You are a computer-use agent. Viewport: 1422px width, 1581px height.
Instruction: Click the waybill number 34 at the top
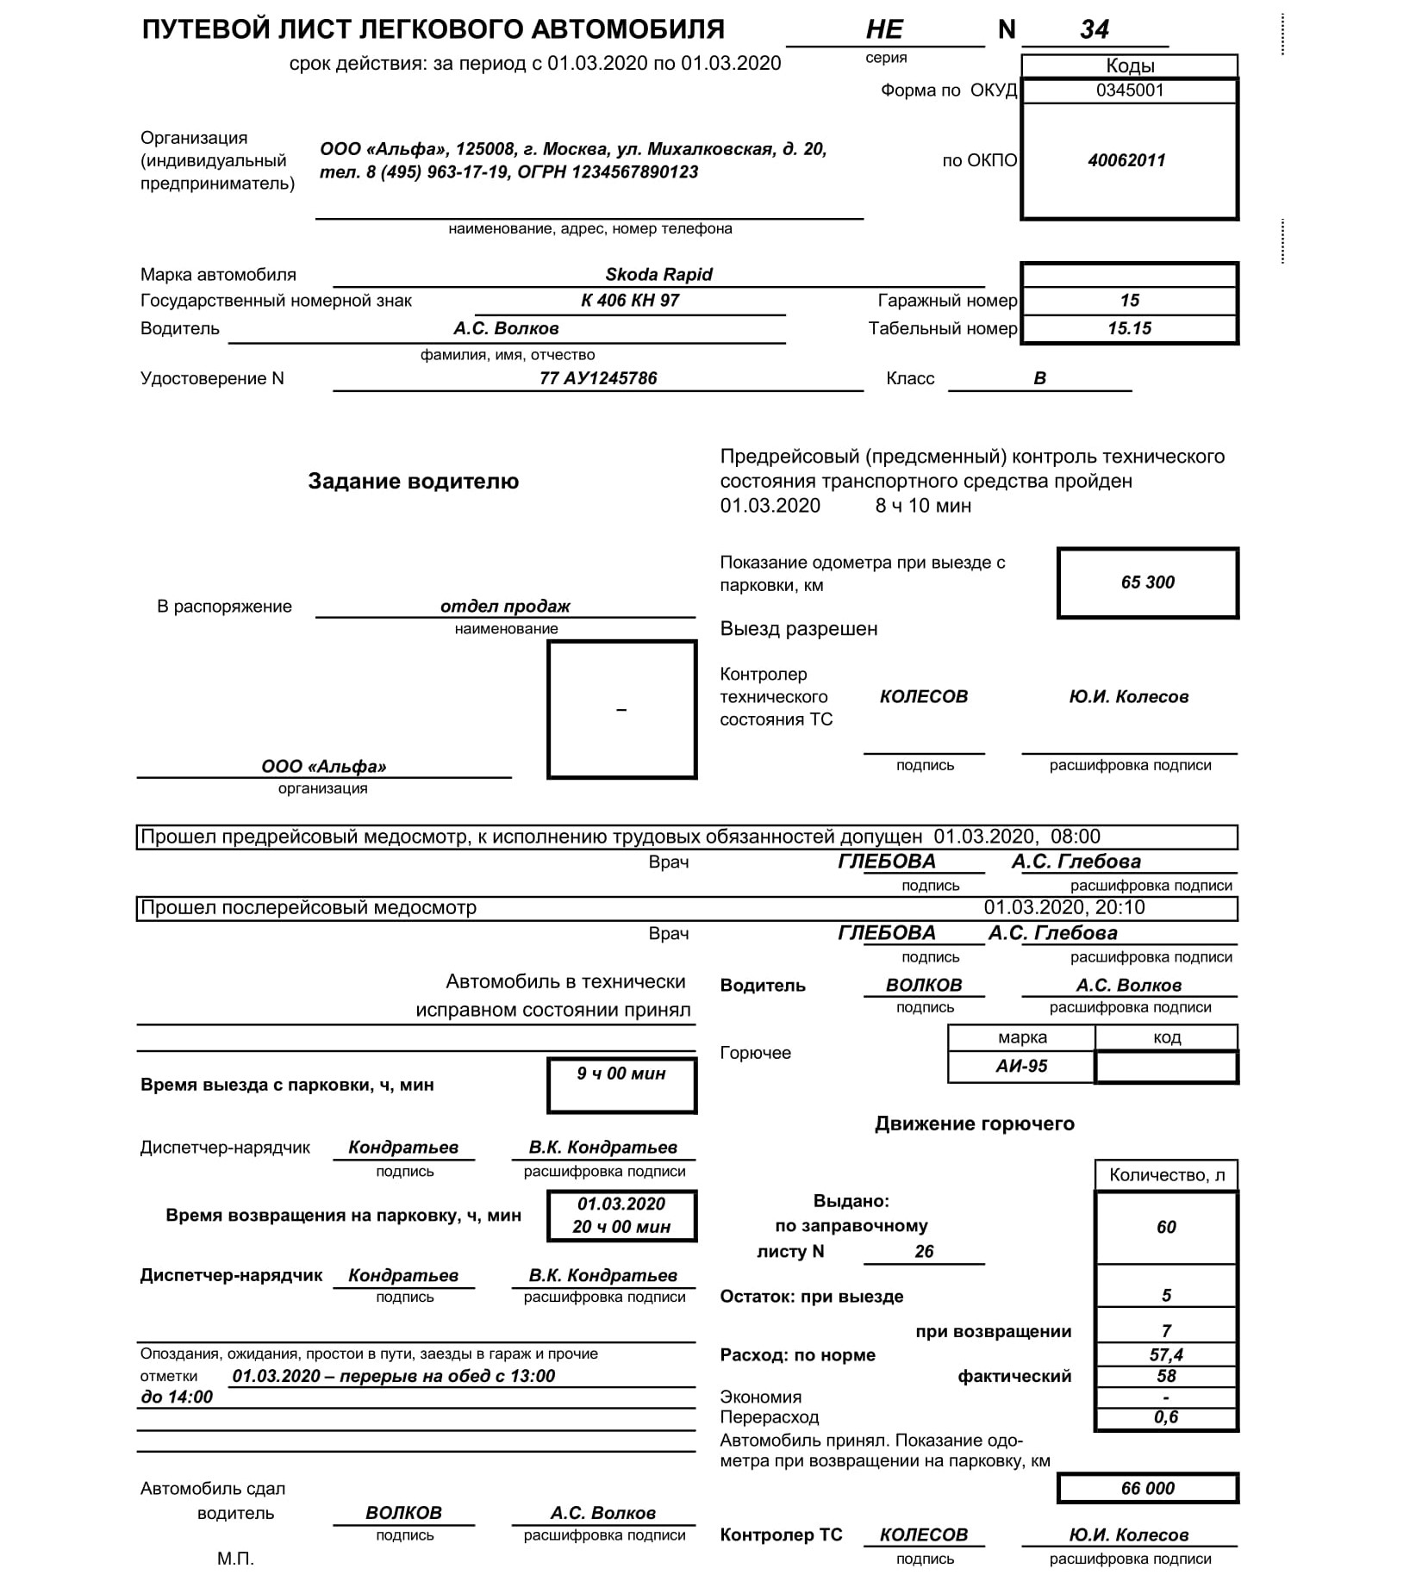pyautogui.click(x=1094, y=30)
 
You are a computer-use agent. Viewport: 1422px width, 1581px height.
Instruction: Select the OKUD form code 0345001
pyautogui.click(x=1129, y=90)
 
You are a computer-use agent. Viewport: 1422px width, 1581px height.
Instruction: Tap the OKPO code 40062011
pyautogui.click(x=1126, y=161)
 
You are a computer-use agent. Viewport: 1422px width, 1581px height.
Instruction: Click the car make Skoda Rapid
pyautogui.click(x=658, y=275)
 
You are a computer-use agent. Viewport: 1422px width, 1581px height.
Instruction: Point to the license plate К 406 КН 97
pyautogui.click(x=630, y=301)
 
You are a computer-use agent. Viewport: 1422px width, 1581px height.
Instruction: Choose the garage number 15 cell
pyautogui.click(x=1129, y=301)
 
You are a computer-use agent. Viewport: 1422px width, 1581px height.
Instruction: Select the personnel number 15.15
pyautogui.click(x=1129, y=328)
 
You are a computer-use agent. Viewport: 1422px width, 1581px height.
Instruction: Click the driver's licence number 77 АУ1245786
pyautogui.click(x=598, y=378)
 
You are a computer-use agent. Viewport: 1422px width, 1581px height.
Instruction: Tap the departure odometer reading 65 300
pyautogui.click(x=1147, y=582)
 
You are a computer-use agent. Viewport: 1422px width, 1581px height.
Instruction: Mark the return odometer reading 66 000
pyautogui.click(x=1147, y=1488)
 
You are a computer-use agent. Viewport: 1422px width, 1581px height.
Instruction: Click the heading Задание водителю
pyautogui.click(x=414, y=482)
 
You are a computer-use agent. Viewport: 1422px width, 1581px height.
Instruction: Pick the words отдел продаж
pyautogui.click(x=505, y=607)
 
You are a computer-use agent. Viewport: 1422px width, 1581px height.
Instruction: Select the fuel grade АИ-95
pyautogui.click(x=1021, y=1066)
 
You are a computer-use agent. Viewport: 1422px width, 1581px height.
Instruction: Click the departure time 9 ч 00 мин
pyautogui.click(x=621, y=1074)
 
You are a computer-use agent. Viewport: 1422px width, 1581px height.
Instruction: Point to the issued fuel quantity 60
pyautogui.click(x=1166, y=1227)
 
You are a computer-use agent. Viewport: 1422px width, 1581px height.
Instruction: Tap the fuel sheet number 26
pyautogui.click(x=924, y=1251)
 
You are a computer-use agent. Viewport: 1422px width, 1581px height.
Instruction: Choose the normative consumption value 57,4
pyautogui.click(x=1166, y=1354)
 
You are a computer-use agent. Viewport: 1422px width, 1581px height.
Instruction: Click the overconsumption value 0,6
pyautogui.click(x=1166, y=1417)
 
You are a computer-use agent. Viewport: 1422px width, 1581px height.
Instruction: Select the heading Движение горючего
pyautogui.click(x=975, y=1124)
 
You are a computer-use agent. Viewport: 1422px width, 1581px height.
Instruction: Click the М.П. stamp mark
pyautogui.click(x=235, y=1558)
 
